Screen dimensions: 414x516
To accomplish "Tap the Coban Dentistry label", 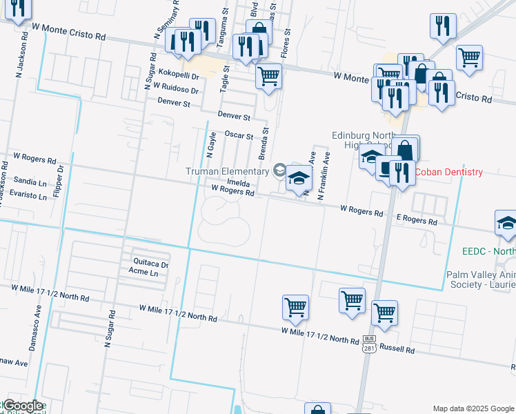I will pyautogui.click(x=448, y=172).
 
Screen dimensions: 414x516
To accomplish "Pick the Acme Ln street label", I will pyautogui.click(x=143, y=273).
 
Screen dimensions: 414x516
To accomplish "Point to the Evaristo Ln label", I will pyautogui.click(x=28, y=195).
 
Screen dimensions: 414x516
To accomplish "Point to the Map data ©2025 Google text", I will pyautogui.click(x=472, y=408).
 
